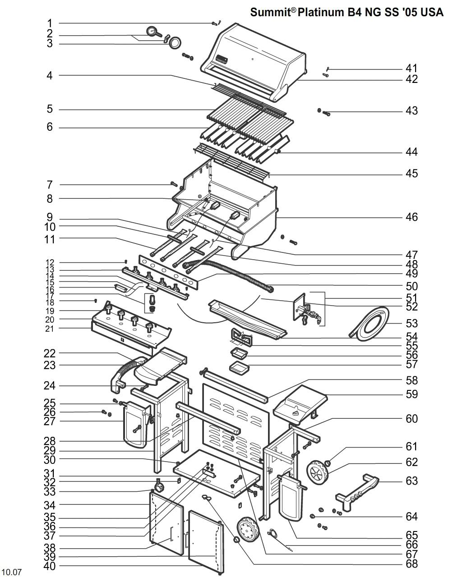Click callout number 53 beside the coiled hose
point(411,323)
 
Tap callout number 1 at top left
point(50,23)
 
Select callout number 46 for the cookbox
point(411,217)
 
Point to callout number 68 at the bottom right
point(411,563)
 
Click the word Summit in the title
point(271,12)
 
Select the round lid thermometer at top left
point(153,32)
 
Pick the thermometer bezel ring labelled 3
point(175,42)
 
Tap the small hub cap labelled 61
point(328,463)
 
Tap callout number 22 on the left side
point(50,353)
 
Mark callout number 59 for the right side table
point(411,394)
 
